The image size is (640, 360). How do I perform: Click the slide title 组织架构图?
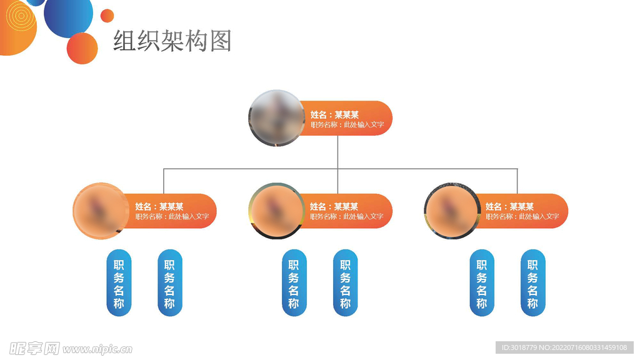[172, 41]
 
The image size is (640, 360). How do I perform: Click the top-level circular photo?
[277, 119]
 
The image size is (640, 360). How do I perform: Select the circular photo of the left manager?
[101, 211]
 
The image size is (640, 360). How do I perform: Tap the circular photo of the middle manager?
[277, 211]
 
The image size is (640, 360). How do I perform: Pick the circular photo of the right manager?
[452, 211]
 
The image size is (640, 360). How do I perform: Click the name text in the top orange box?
[334, 114]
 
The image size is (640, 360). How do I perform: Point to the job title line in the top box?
[347, 125]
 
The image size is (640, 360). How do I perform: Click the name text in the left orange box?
[159, 206]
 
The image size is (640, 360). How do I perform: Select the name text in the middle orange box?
[334, 206]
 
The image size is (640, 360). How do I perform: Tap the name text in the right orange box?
[510, 206]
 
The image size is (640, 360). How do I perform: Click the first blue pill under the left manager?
[119, 283]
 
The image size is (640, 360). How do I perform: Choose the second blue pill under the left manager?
[169, 283]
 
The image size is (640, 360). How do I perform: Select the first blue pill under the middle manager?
[294, 283]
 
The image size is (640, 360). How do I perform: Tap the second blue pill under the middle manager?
[345, 283]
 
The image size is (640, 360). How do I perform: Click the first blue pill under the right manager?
[481, 283]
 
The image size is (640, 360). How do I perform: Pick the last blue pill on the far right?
[532, 283]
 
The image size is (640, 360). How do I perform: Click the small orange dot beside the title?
[107, 16]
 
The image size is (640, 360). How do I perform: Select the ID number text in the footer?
[564, 347]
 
